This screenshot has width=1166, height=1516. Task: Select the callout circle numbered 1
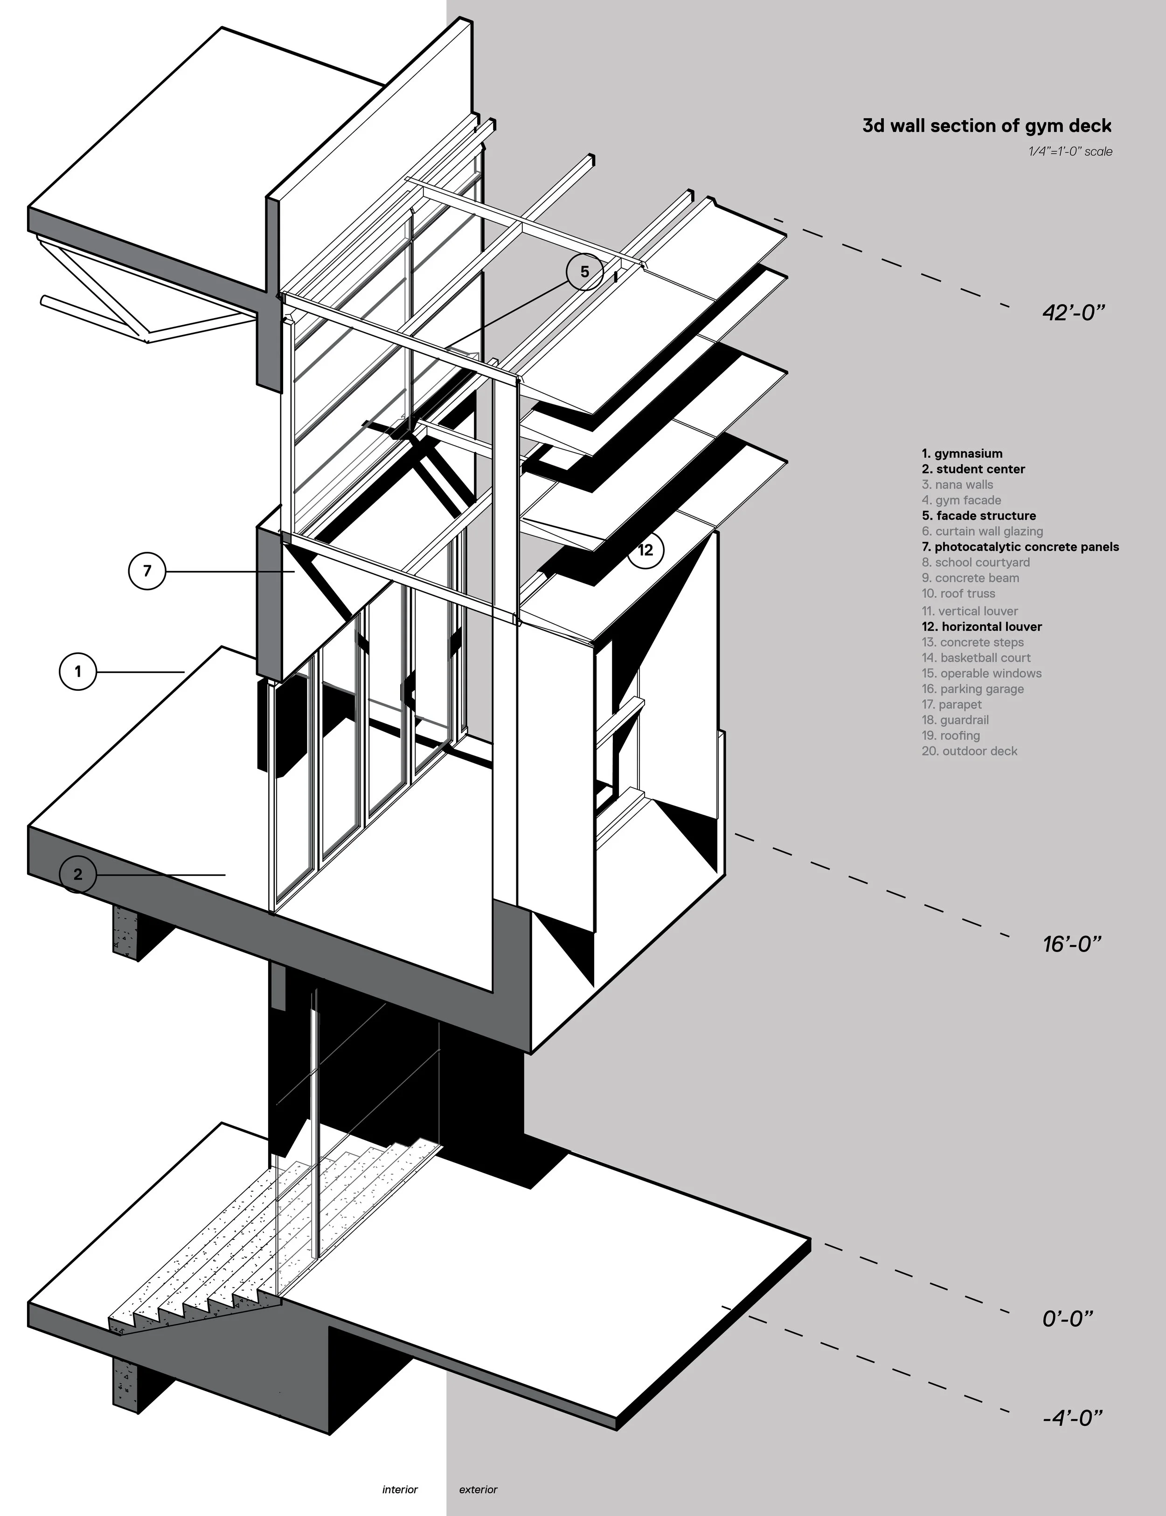click(78, 671)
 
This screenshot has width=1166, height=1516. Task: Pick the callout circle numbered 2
click(78, 875)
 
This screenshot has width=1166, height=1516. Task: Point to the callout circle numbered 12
click(645, 550)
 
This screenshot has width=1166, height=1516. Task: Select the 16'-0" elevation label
click(1072, 944)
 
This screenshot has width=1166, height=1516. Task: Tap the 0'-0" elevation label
click(1068, 1319)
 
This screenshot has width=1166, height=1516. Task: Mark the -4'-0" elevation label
click(1072, 1418)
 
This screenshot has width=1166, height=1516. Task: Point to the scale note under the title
click(1070, 151)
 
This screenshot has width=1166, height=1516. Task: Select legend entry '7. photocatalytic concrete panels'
click(1020, 547)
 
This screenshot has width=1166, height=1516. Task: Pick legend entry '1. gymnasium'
click(962, 454)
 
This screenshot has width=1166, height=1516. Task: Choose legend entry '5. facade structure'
click(979, 516)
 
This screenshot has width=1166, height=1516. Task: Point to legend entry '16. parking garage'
click(972, 689)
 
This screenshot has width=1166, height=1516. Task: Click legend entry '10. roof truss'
click(958, 593)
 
